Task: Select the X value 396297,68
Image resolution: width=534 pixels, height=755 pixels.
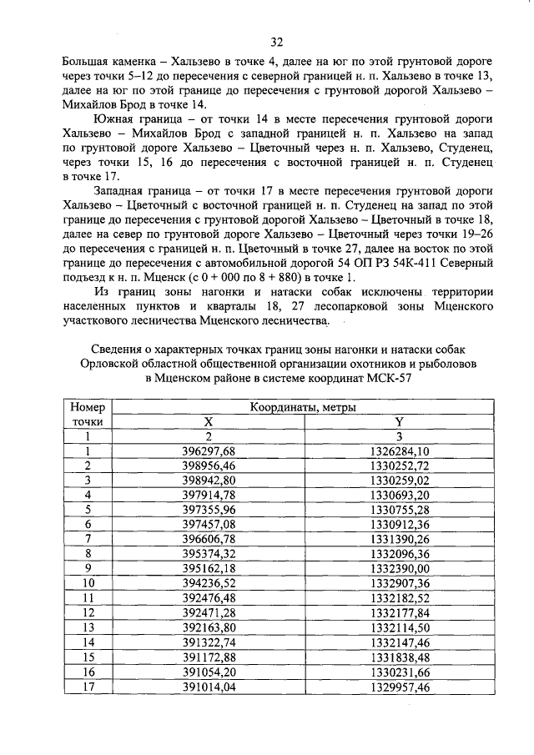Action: pyautogui.click(x=209, y=451)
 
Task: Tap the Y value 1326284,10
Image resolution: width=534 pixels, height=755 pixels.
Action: pyautogui.click(x=399, y=451)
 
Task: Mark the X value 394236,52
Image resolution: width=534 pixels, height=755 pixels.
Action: pyautogui.click(x=209, y=582)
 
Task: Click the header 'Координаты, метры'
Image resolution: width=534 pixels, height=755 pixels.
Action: pyautogui.click(x=304, y=408)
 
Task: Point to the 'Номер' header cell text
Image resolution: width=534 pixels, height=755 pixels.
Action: pyautogui.click(x=87, y=408)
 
